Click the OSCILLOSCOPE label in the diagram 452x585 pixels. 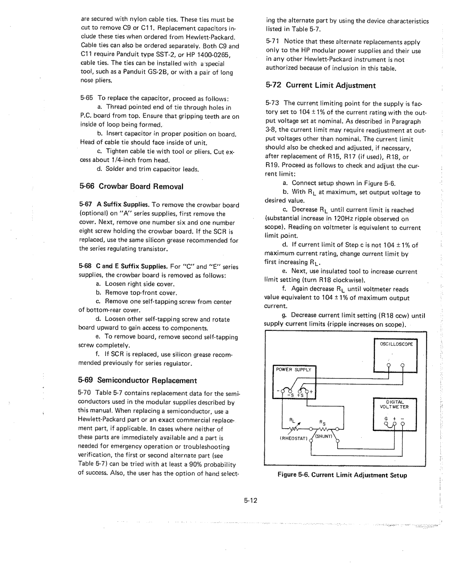[396, 344]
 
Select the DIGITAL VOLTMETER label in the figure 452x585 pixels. [394, 404]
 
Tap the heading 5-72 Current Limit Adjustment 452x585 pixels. [321, 85]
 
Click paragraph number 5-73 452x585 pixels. [273, 103]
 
